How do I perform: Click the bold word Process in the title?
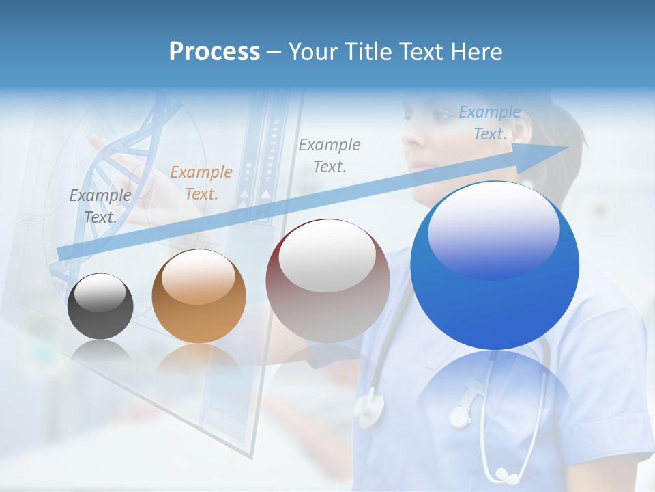coord(214,52)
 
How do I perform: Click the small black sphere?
coord(100,306)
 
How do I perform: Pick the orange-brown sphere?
coord(199,296)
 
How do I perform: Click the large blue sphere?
coord(494,265)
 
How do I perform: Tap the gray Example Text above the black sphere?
coord(100,206)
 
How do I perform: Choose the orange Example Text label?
coord(201,182)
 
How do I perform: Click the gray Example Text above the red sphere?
coord(330,155)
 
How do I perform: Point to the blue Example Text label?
coord(489,123)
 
